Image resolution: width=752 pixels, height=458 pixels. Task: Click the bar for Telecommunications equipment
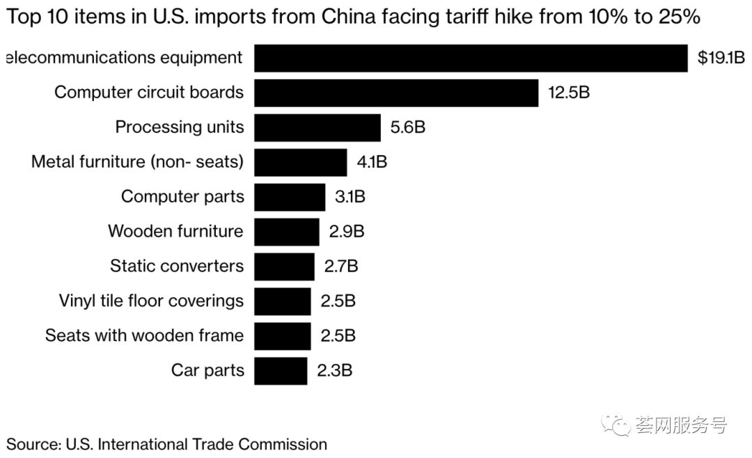[x=471, y=58]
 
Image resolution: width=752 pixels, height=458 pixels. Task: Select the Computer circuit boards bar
[x=395, y=93]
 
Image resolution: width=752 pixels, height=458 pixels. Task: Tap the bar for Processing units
[x=317, y=127]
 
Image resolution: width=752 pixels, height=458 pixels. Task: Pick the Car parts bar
[x=280, y=370]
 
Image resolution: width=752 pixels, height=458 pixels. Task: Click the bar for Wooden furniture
[x=286, y=232]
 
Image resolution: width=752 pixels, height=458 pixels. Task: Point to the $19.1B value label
[x=721, y=58]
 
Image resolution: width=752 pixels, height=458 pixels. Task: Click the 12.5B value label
[x=568, y=93]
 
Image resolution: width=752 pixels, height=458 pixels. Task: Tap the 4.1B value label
[x=372, y=162]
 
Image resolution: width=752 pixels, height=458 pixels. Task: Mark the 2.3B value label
[x=334, y=370]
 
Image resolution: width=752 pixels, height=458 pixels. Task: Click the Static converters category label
[x=177, y=266]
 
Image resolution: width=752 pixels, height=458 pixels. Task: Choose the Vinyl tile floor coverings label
[x=151, y=301]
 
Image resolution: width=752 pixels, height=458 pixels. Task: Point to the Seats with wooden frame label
[x=144, y=335]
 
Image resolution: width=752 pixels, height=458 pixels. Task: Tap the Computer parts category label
[x=182, y=197]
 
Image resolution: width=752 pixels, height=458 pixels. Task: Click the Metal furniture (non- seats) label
[x=137, y=162]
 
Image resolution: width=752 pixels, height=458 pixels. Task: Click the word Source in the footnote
[x=32, y=443]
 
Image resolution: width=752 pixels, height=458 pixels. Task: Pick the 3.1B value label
[x=350, y=197]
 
